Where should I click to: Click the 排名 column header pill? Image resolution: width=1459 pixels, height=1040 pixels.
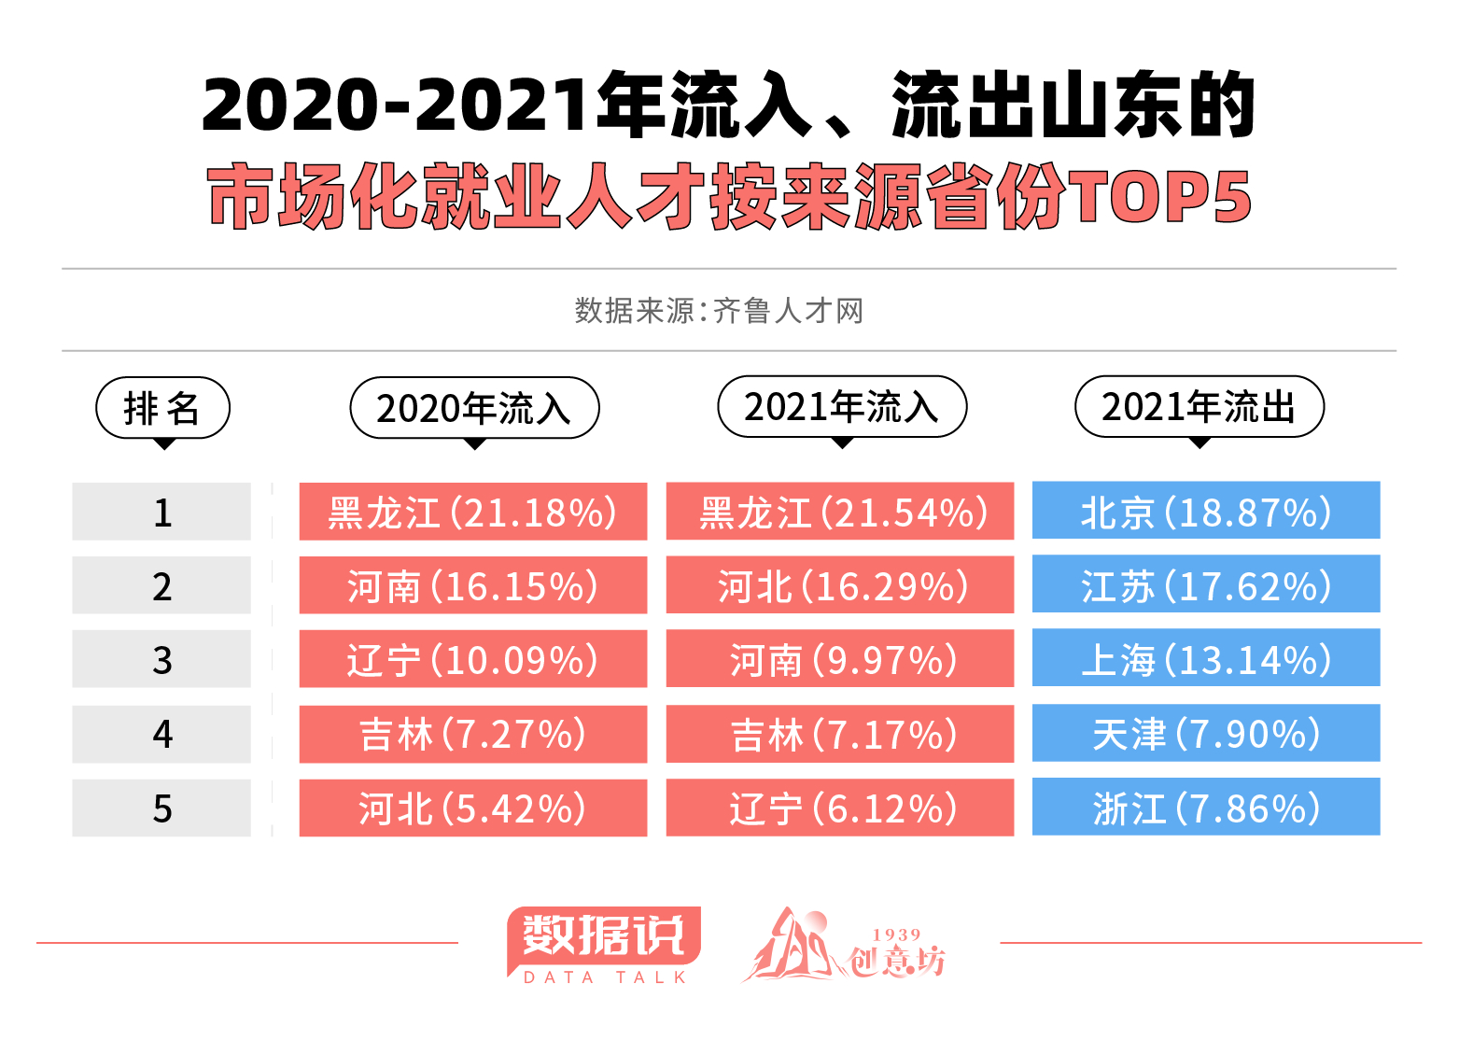coord(162,408)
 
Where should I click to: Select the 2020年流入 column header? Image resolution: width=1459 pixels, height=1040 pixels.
coord(474,408)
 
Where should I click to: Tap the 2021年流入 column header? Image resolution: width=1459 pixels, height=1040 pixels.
coord(841,407)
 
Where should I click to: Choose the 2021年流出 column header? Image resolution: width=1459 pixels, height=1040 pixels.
coord(1199,407)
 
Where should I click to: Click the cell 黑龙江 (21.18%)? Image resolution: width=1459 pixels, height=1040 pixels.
coord(472,512)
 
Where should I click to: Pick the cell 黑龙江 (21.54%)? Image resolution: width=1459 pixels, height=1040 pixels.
coord(839,512)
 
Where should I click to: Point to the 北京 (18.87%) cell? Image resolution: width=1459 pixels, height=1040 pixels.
coord(1205,511)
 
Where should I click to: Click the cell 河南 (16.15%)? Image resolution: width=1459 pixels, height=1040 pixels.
coord(472,585)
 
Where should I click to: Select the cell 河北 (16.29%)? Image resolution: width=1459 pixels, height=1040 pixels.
coord(839,585)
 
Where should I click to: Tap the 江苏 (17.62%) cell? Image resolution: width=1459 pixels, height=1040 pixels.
coord(1205,584)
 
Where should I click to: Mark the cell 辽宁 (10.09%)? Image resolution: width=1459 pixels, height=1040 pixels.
coord(472,659)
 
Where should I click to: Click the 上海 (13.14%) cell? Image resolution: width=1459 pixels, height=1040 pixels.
coord(1205,658)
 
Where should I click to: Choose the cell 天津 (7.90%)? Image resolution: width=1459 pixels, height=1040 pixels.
coord(1205,733)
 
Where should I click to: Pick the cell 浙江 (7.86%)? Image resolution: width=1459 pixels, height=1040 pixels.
coord(1205,808)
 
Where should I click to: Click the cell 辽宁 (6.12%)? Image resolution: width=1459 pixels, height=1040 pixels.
coord(839,808)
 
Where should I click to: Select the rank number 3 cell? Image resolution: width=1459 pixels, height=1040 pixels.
coord(161,659)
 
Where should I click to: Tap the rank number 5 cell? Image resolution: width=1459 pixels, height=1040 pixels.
coord(161,808)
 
